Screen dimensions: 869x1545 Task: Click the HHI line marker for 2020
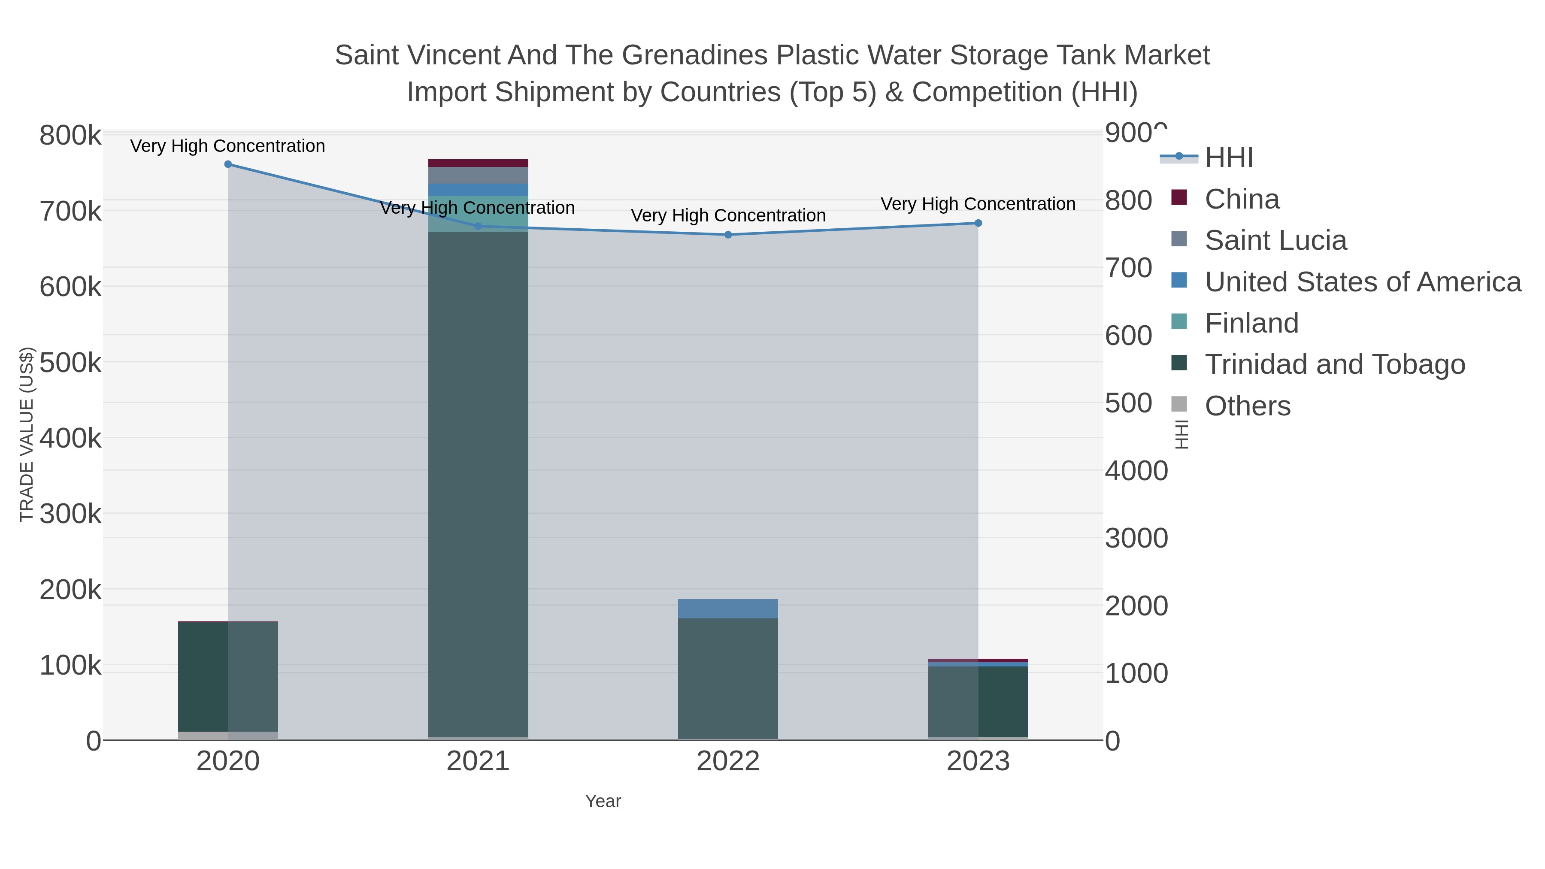(228, 164)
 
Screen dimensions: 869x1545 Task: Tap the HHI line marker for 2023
(978, 223)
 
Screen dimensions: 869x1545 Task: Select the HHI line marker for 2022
(728, 234)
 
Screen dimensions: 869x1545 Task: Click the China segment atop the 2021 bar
(478, 163)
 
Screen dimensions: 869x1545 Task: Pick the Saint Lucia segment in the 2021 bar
(478, 175)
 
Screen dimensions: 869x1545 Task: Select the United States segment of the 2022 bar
(728, 609)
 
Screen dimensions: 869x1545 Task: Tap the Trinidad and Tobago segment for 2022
(728, 678)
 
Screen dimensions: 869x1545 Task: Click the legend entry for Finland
(1251, 323)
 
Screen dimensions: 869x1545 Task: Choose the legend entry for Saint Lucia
(1275, 240)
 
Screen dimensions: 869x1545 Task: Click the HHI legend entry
(1228, 158)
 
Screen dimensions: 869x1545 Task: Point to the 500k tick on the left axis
(70, 363)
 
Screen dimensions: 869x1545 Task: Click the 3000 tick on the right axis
(1136, 538)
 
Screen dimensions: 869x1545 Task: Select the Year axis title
(603, 801)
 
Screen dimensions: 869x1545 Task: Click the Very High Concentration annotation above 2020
(228, 146)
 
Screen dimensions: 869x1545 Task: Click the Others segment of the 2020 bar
(228, 736)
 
